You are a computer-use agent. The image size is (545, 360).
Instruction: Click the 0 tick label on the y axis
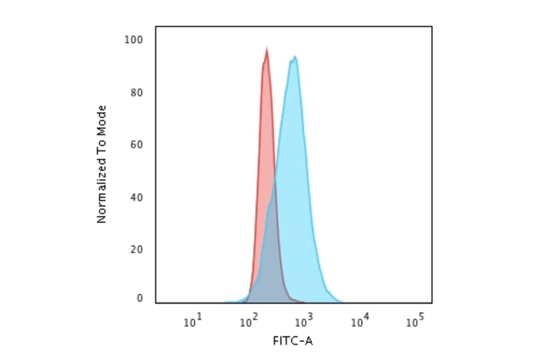[139, 298]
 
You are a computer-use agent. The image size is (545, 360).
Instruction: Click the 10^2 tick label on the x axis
[248, 321]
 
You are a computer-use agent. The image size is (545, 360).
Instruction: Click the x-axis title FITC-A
[293, 341]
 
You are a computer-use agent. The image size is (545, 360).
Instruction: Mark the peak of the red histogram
[266, 49]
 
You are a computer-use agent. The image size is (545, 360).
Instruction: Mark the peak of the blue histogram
[295, 57]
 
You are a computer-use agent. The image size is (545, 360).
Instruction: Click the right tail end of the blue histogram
[342, 301]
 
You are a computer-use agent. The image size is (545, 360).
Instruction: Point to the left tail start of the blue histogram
[225, 301]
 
